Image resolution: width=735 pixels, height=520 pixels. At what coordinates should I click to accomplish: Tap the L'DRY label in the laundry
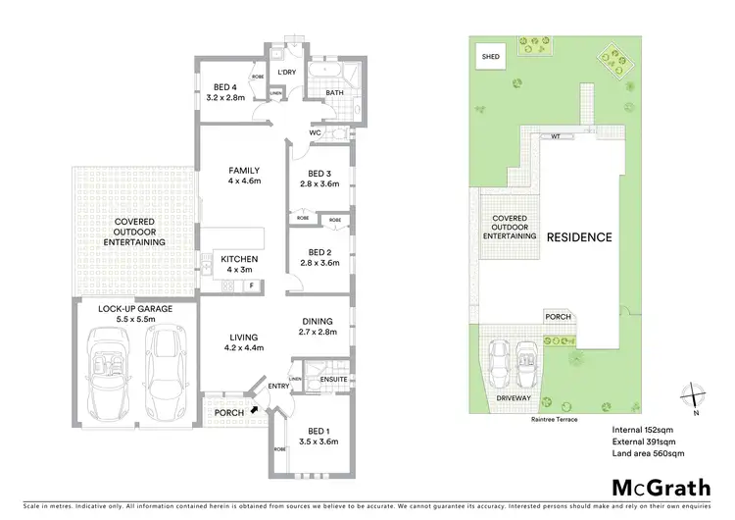pos(286,74)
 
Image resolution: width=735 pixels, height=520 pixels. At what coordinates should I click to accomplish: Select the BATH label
pos(335,94)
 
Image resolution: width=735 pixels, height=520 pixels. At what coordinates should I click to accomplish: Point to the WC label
pos(317,132)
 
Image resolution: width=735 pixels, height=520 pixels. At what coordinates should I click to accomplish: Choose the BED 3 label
pos(319,178)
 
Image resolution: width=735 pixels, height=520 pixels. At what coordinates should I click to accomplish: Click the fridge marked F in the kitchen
pos(252,286)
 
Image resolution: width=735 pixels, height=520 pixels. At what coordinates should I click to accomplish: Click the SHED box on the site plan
pos(490,58)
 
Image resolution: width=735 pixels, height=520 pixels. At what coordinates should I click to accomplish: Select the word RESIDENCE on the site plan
pos(579,237)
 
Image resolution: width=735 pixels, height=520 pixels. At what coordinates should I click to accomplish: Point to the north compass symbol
pos(694,395)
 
